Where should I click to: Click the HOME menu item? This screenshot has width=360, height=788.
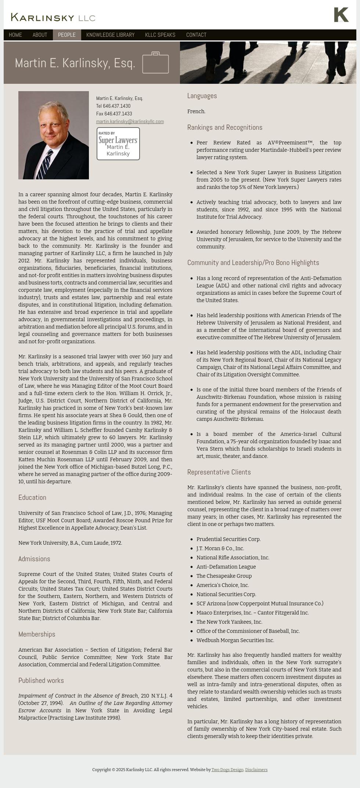point(15,35)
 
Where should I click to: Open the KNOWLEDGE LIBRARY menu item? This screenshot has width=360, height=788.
point(110,35)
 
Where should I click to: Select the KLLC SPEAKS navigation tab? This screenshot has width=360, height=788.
point(160,35)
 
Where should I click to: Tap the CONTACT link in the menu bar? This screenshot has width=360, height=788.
point(196,35)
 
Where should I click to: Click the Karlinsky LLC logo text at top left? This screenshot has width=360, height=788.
point(53,17)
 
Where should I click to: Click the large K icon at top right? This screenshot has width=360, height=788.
point(341,15)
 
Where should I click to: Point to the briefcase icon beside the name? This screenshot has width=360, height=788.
point(155,62)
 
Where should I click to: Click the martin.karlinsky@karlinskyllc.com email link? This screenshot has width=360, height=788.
point(130,122)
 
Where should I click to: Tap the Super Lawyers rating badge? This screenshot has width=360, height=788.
point(118,144)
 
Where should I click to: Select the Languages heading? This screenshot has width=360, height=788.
point(202,96)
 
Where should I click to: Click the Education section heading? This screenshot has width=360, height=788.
point(32,498)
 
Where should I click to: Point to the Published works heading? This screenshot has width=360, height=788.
point(41,681)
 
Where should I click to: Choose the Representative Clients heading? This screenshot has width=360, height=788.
point(219,472)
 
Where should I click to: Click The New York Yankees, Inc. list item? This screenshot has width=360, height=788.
point(229,622)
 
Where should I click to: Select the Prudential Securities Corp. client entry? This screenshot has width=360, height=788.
point(228,540)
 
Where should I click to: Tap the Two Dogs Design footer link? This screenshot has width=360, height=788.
point(227,770)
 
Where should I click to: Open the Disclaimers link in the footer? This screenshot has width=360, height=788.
point(256,770)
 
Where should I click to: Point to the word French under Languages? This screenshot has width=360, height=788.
point(196,112)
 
